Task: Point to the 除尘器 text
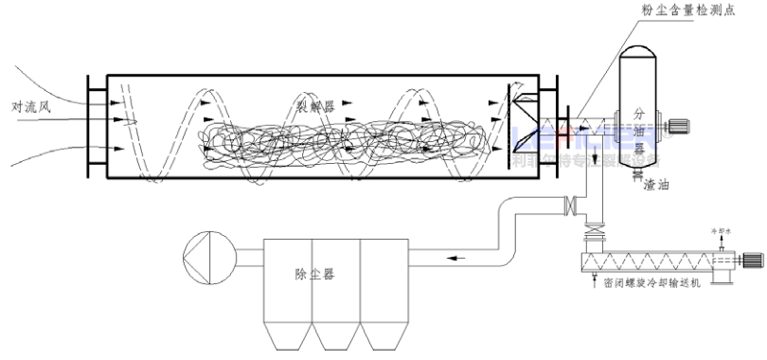314,275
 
